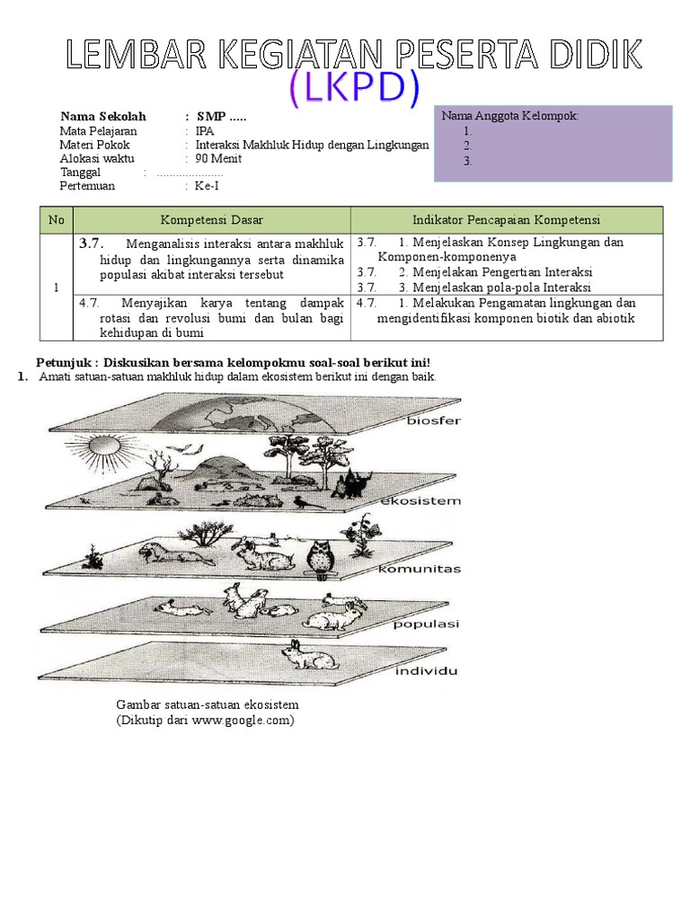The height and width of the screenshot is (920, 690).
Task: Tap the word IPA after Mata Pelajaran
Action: click(205, 130)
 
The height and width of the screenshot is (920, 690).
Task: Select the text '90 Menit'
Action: click(218, 159)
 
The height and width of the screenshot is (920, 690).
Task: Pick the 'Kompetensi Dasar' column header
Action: click(211, 220)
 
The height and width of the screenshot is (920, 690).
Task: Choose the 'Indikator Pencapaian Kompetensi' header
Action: click(506, 220)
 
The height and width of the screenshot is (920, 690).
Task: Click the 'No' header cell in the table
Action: click(56, 220)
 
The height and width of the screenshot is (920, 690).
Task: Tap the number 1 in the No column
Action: click(56, 287)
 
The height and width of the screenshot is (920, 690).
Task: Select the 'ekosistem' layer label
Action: click(420, 500)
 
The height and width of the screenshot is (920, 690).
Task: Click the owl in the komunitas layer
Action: click(318, 556)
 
